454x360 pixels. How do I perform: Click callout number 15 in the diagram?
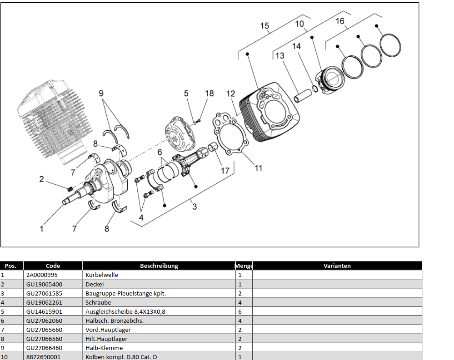pos(264,25)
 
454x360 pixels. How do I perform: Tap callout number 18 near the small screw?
pos(209,94)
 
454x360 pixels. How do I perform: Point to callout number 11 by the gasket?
pos(258,168)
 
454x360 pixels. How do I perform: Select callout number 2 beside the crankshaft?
pos(41,179)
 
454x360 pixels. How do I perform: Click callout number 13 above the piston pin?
pos(280,55)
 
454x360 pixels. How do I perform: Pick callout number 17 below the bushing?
pos(225,171)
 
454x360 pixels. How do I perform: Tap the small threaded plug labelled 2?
pos(70,188)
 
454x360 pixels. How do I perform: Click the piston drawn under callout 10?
pos(330,82)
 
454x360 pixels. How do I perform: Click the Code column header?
pos(53,266)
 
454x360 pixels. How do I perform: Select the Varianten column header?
pos(337,266)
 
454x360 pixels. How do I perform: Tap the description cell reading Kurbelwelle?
pos(102,275)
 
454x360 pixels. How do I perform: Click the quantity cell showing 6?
pos(240,311)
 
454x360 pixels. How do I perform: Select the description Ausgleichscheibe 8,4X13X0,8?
pos(125,311)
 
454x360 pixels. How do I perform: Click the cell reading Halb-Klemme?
pos(104,348)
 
